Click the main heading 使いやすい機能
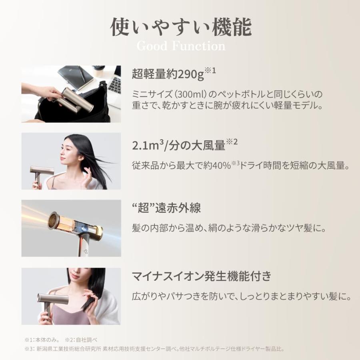point(180,27)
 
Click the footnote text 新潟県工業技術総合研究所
point(70,349)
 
